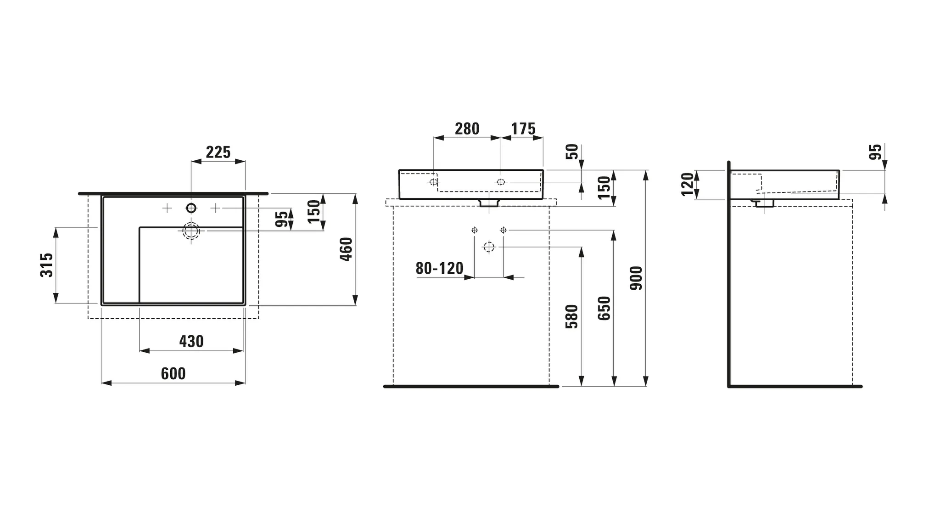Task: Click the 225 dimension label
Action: point(218,152)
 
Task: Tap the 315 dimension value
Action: point(47,265)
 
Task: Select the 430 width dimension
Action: point(191,342)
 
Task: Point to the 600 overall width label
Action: point(173,374)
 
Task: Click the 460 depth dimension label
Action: point(346,249)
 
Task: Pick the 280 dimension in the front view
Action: point(467,129)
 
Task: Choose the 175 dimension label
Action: point(523,129)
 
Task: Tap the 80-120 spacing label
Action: point(439,269)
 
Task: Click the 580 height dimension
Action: point(572,316)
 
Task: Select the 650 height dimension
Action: point(604,308)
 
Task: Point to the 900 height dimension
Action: point(636,278)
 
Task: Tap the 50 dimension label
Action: point(572,152)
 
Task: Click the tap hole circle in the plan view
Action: point(191,208)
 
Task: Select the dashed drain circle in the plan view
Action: point(191,231)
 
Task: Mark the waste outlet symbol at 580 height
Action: point(489,247)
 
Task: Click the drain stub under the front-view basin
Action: point(489,203)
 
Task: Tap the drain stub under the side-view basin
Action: point(764,203)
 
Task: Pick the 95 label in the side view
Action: point(876,152)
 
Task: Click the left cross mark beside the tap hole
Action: point(167,208)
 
